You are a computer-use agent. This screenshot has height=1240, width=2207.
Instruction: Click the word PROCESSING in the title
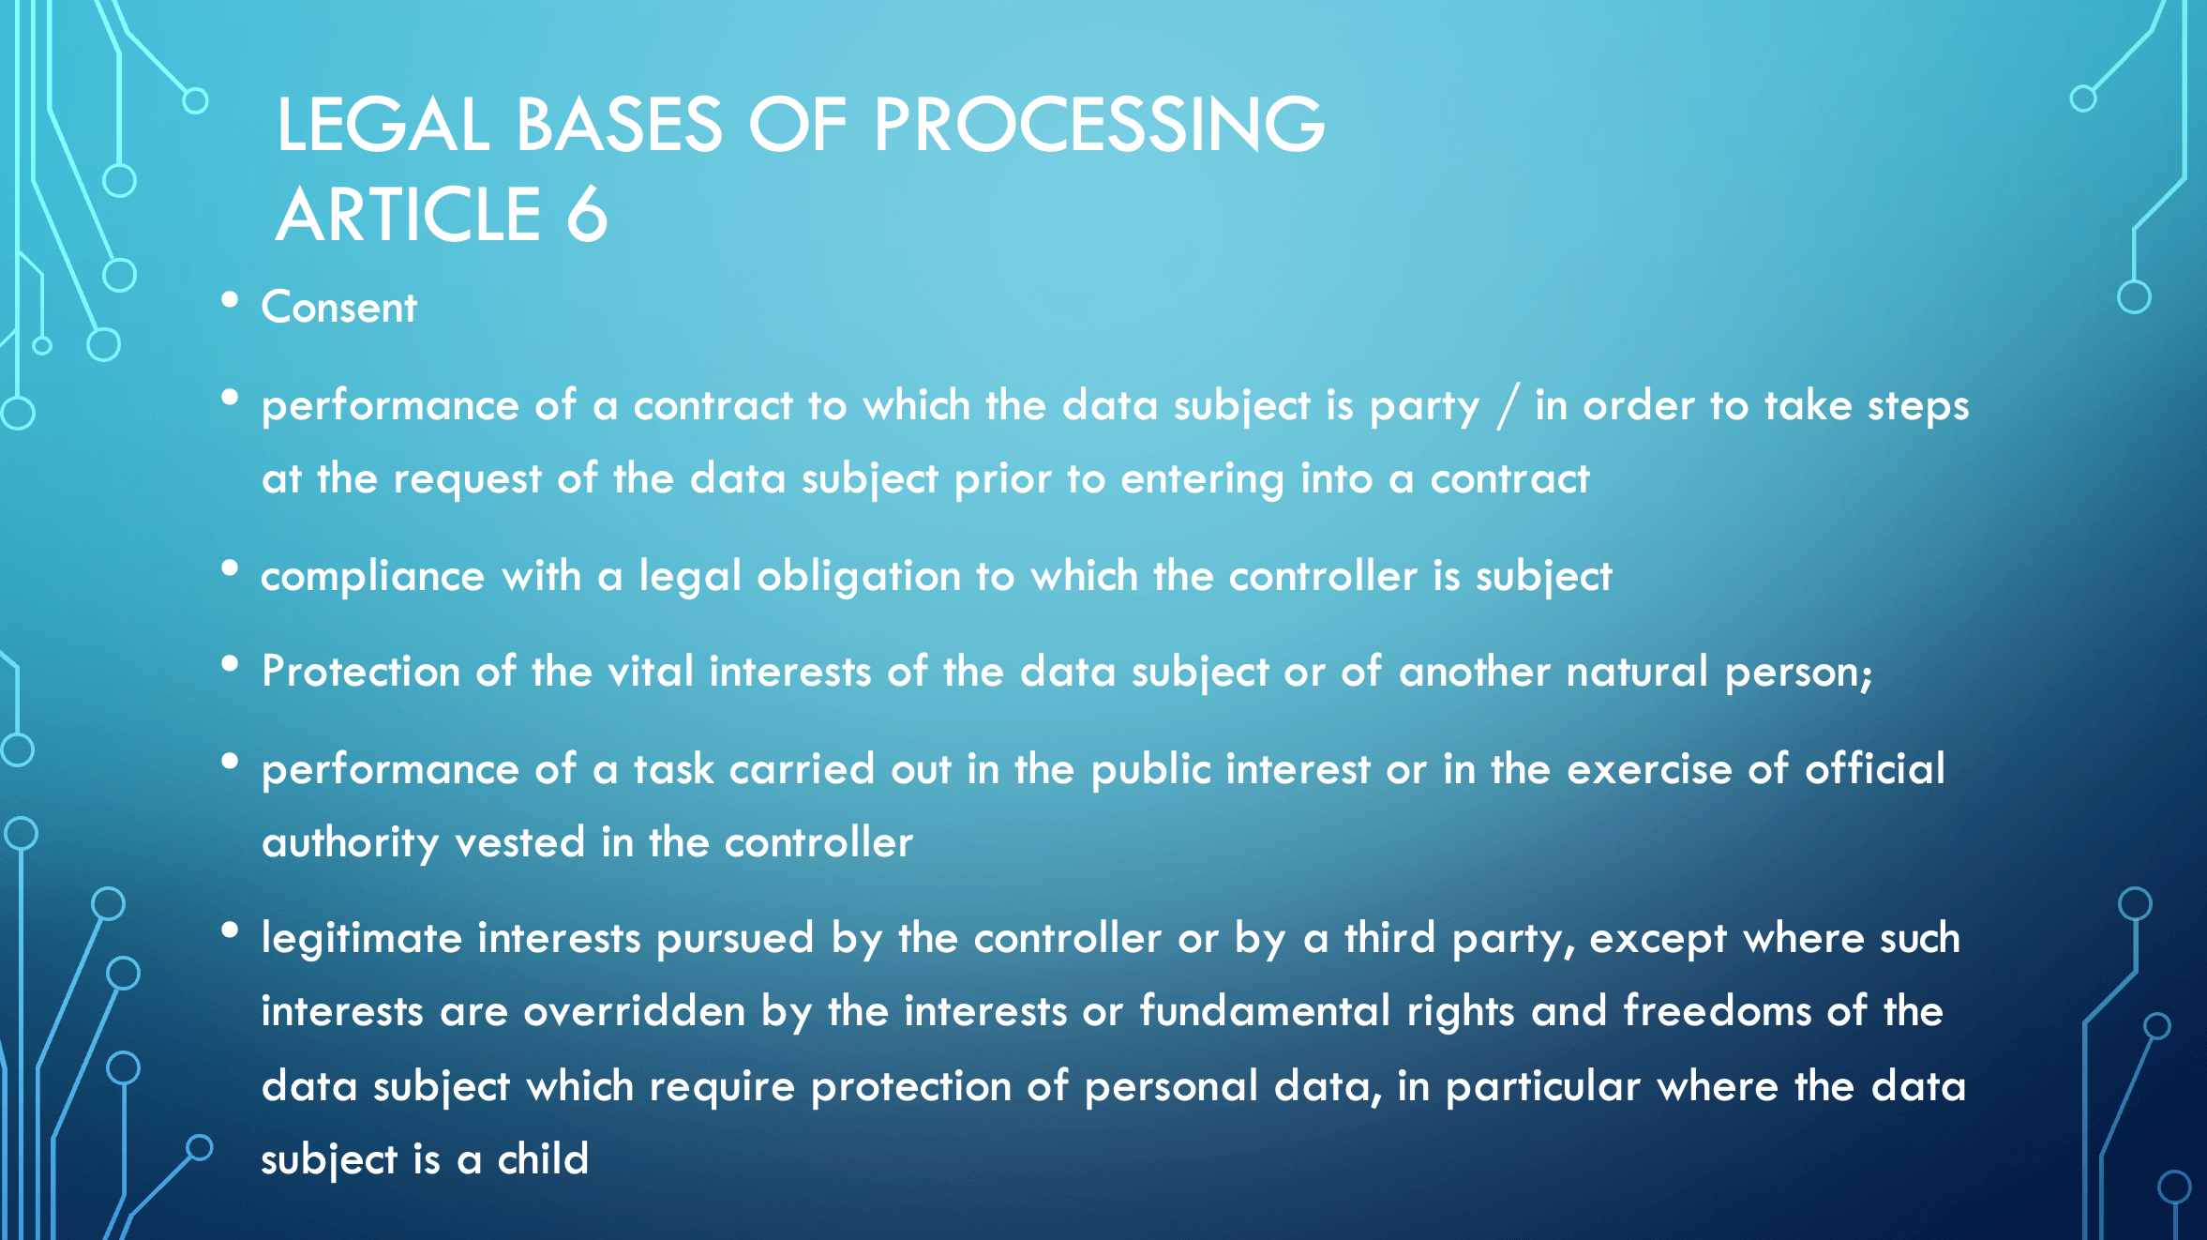tap(1099, 125)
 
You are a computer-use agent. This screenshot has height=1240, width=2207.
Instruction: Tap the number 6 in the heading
tap(587, 215)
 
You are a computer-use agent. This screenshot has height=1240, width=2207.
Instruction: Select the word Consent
tap(338, 308)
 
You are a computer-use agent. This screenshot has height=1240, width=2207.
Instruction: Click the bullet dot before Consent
tap(230, 300)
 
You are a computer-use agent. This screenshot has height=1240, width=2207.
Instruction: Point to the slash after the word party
tap(1508, 406)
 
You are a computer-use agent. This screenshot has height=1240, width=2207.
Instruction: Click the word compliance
tap(372, 576)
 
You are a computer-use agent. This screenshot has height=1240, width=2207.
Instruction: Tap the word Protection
tap(361, 672)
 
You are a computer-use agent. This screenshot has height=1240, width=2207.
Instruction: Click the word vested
tap(519, 842)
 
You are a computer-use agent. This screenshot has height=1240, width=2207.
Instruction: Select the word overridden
tap(634, 1011)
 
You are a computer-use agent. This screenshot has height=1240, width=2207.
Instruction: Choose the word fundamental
tap(1265, 1011)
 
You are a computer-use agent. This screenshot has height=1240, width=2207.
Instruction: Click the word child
tap(543, 1159)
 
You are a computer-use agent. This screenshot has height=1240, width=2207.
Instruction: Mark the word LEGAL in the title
tap(383, 125)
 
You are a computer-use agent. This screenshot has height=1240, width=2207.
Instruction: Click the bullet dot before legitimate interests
tap(230, 930)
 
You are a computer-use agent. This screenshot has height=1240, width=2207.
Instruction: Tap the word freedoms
tap(1718, 1011)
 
